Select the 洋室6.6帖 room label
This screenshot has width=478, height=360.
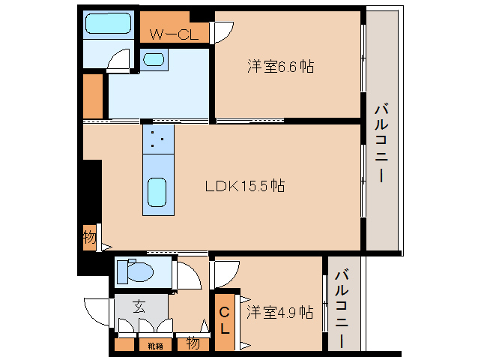280,67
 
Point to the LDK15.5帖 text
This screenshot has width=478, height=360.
245,185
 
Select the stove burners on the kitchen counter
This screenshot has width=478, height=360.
157,139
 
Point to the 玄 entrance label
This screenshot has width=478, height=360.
140,306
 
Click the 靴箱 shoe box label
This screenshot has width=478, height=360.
155,346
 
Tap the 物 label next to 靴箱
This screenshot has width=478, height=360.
192,344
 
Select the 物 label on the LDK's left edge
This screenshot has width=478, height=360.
89,238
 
